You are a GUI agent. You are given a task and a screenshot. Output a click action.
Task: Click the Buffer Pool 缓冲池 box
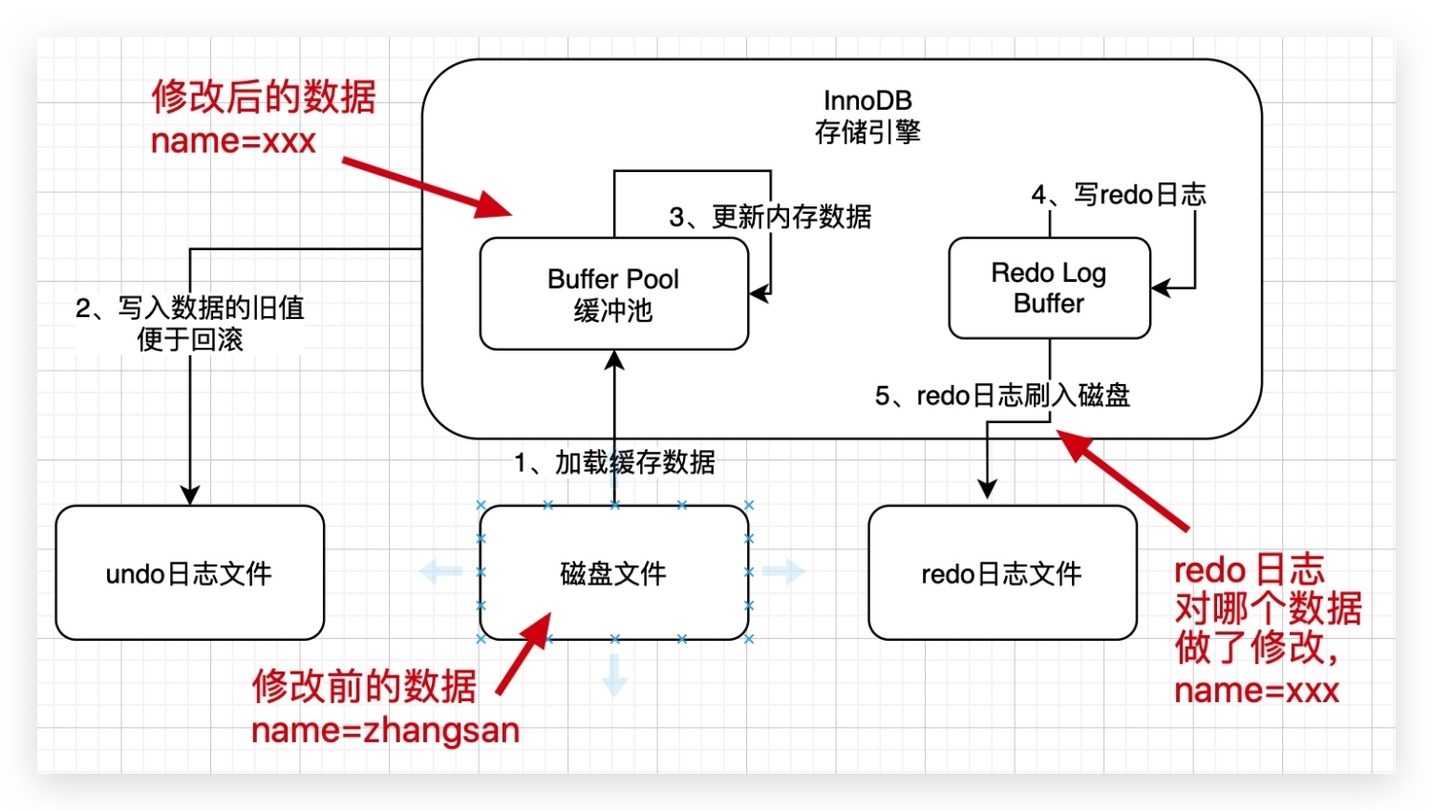613,294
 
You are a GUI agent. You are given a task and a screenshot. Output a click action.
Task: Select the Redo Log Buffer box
1048,288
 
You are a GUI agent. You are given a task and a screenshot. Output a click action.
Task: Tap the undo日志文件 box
189,573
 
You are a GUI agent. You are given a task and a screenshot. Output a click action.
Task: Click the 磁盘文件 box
613,573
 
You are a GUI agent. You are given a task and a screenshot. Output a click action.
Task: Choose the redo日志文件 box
1001,573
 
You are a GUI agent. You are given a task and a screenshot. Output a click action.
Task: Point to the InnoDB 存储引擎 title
867,116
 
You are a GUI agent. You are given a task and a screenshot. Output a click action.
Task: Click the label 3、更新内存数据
770,217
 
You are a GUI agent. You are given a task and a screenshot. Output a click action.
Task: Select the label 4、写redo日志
1118,195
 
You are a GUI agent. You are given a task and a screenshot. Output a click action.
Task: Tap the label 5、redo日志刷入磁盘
1002,395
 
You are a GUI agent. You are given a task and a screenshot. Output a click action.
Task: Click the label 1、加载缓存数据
614,462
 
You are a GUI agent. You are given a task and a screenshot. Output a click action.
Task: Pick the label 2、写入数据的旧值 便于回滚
189,323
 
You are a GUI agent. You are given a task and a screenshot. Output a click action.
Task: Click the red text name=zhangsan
385,731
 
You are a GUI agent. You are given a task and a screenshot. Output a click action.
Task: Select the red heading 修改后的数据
264,96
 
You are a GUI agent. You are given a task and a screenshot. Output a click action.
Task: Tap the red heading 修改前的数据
364,686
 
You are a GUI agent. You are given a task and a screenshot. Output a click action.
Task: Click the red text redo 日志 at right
1249,570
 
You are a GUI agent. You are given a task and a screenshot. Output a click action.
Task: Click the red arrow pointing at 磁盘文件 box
524,653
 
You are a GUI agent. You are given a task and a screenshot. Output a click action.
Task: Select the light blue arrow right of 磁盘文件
783,572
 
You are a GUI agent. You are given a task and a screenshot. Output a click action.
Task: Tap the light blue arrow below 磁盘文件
614,674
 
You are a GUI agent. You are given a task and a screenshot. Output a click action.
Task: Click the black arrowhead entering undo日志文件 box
189,494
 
